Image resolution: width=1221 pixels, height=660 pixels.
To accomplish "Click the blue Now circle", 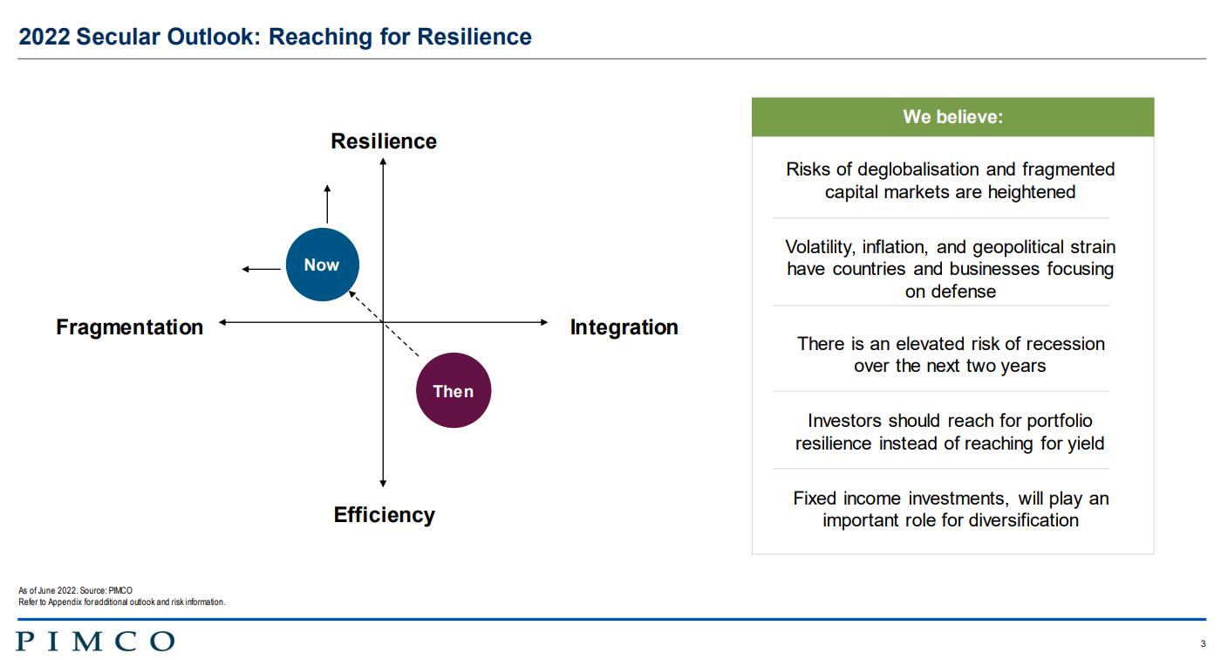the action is (322, 265).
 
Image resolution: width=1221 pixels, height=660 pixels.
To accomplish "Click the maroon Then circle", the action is (454, 390).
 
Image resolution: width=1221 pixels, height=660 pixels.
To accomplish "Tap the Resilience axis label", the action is (384, 141).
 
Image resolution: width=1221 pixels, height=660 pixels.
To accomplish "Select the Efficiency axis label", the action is (385, 515).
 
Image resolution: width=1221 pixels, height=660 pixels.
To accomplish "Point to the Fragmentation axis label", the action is (130, 327).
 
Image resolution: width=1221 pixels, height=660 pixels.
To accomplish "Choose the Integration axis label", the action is (624, 327).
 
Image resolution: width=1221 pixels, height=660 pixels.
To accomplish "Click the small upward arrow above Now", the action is (327, 204).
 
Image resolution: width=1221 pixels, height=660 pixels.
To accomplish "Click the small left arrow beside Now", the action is (261, 269).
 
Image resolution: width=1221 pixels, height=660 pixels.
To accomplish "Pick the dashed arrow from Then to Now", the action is (384, 324).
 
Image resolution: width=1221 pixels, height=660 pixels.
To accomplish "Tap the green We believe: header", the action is (952, 117).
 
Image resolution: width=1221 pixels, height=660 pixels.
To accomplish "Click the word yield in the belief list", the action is (1086, 443).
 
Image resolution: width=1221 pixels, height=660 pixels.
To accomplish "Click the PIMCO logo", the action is (95, 642).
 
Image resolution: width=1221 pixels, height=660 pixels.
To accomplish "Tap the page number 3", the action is (1203, 643).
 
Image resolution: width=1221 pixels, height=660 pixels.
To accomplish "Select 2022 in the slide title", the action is (44, 37).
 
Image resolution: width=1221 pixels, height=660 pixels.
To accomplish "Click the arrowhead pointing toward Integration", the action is (544, 322).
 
